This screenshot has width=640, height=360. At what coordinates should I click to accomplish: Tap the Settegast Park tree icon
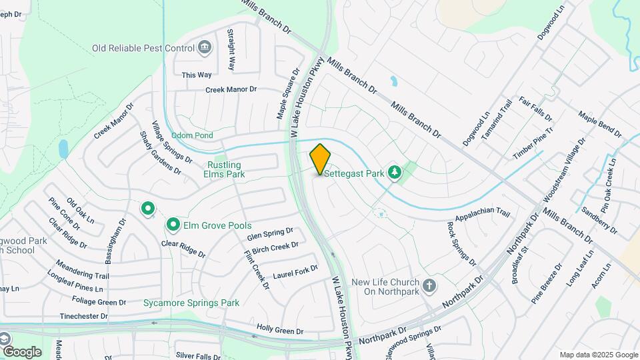click(x=395, y=173)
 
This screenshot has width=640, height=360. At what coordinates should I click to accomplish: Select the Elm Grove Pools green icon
click(x=173, y=225)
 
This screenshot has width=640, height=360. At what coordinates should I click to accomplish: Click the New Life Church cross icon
click(x=430, y=287)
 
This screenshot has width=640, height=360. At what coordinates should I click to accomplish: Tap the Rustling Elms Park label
click(x=224, y=169)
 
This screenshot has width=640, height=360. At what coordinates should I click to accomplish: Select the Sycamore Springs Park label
click(x=191, y=303)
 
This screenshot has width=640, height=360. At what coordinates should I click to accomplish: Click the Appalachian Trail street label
click(x=483, y=215)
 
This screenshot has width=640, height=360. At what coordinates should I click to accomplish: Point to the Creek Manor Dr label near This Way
click(x=231, y=89)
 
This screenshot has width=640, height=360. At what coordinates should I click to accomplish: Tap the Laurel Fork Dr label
click(x=295, y=271)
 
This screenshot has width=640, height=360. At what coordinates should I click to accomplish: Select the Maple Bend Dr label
click(x=600, y=125)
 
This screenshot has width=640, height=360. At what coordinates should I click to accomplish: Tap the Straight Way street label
click(x=231, y=50)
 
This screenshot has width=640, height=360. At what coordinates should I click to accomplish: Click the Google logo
click(x=22, y=351)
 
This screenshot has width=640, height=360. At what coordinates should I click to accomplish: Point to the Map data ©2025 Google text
click(x=599, y=355)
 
